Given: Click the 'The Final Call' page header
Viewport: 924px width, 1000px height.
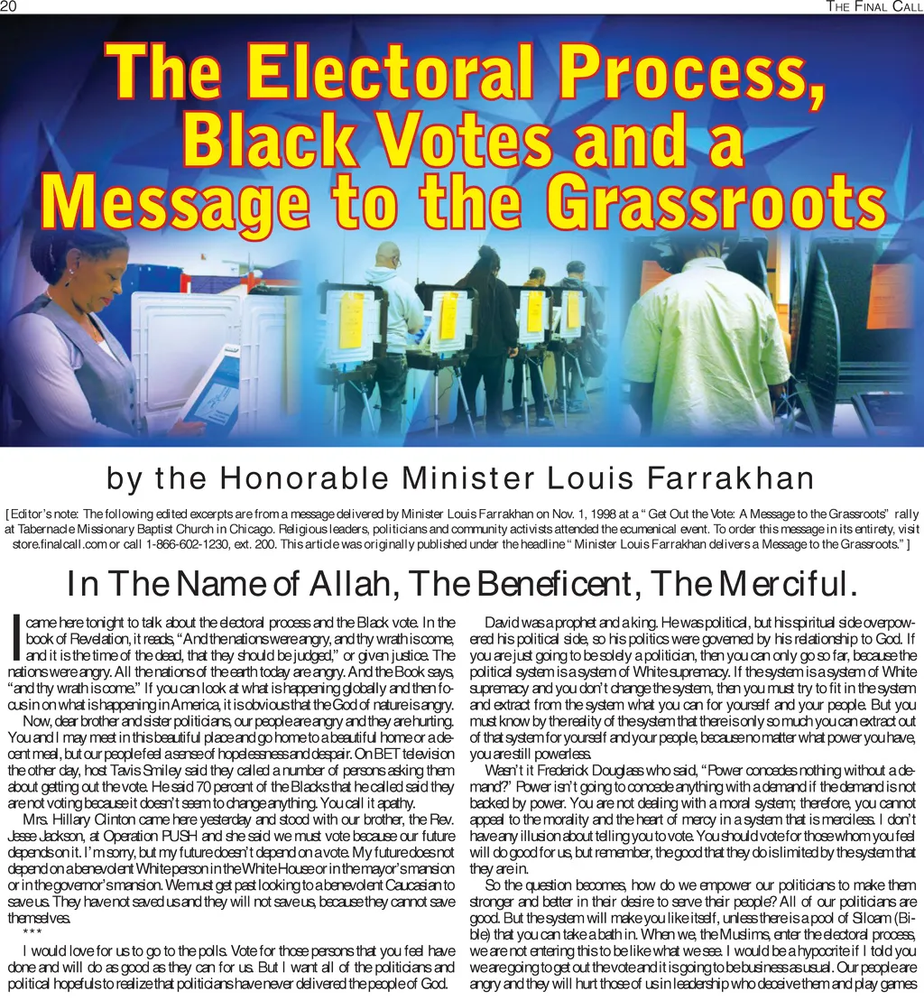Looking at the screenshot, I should click(874, 7).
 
